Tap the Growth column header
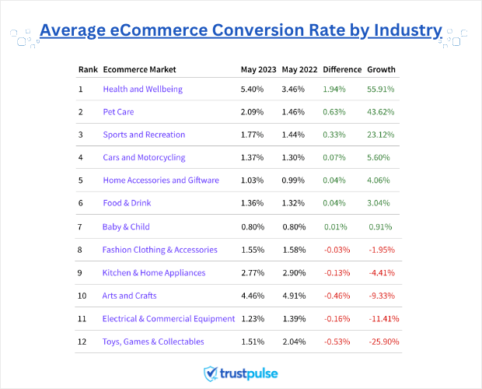pos(381,69)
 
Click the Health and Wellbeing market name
pos(142,89)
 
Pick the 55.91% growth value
pos(381,89)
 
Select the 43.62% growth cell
pos(381,112)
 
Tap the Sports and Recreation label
pos(144,135)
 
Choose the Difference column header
pos(342,69)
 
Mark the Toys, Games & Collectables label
pos(153,342)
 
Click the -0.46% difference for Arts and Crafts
pos(337,296)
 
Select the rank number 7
pos(81,227)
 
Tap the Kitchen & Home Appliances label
pos(154,273)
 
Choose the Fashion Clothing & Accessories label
pos(159,250)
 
